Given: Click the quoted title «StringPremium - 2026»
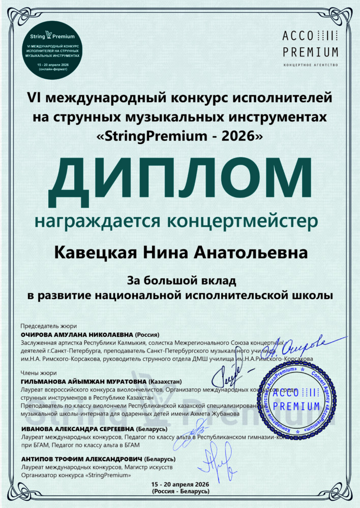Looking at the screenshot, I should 179,136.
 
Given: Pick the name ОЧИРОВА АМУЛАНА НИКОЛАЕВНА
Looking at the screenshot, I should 77,335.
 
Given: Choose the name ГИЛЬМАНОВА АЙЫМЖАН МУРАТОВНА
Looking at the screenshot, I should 83,381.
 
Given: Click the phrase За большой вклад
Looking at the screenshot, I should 179,280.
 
